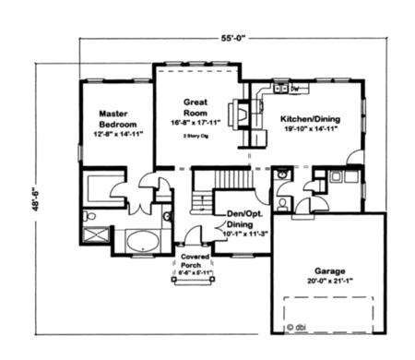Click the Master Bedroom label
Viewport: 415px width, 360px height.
[x=118, y=117]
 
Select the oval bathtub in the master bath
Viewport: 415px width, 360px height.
[x=141, y=242]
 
